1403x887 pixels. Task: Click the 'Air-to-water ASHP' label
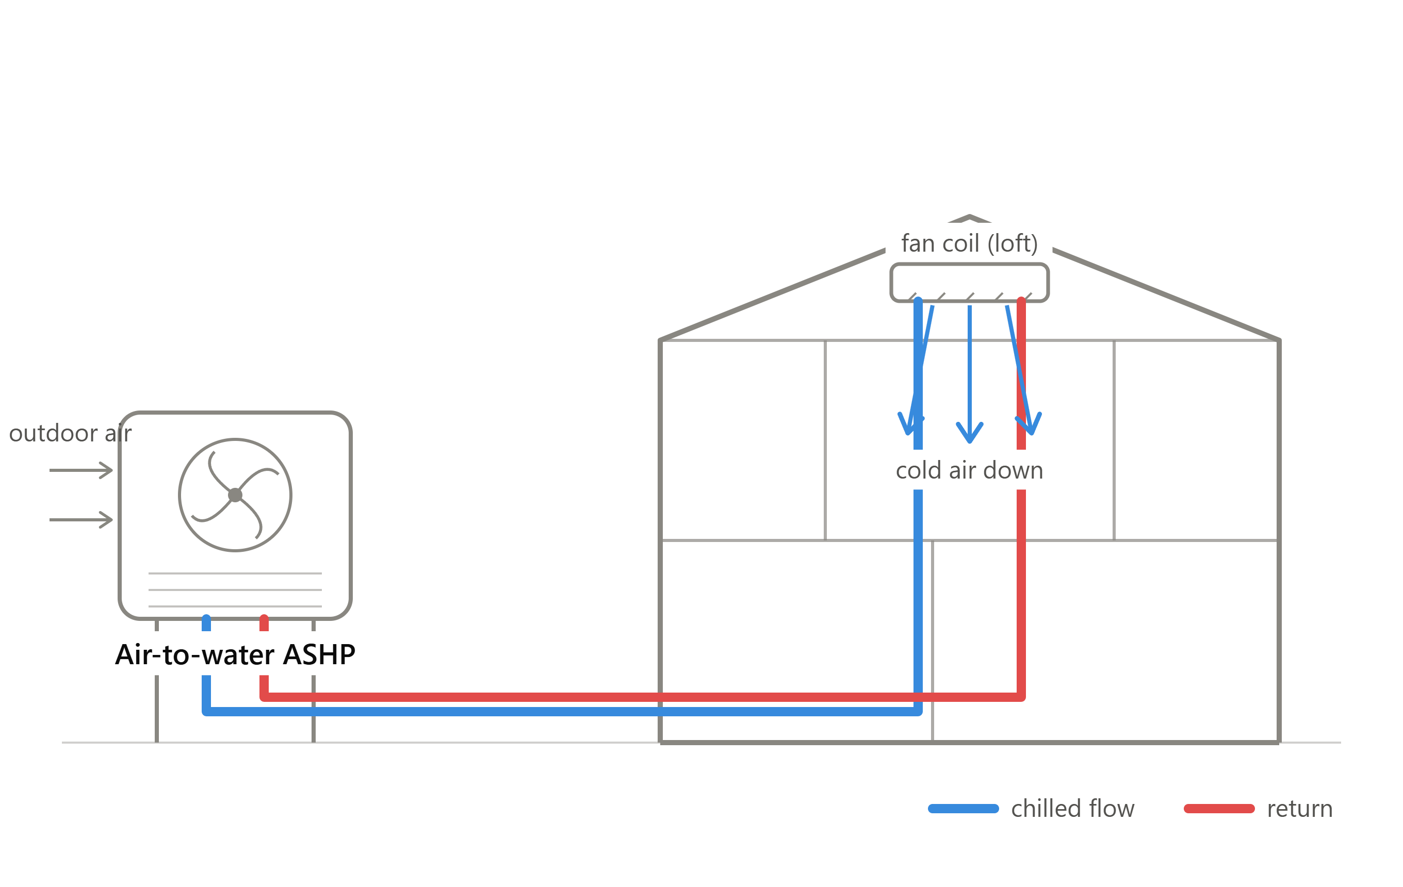click(235, 654)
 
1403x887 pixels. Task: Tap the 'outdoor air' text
click(71, 433)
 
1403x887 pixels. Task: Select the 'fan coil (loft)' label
click(970, 243)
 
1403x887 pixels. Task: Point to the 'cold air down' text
click(970, 470)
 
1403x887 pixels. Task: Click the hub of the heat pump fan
click(235, 495)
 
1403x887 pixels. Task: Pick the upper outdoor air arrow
click(81, 470)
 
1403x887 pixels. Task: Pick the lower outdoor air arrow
click(81, 519)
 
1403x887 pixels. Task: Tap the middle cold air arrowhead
click(970, 434)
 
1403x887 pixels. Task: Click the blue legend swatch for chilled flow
click(964, 809)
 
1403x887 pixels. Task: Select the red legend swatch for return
click(1219, 809)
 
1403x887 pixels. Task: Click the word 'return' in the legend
click(1300, 809)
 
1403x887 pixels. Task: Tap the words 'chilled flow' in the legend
click(1073, 809)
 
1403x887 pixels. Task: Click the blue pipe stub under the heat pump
click(206, 622)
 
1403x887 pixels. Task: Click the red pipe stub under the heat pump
click(264, 622)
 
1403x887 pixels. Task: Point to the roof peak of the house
click(970, 217)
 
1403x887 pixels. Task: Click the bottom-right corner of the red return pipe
click(1021, 697)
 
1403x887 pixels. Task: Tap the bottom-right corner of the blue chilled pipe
click(918, 711)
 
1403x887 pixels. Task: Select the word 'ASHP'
click(319, 654)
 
